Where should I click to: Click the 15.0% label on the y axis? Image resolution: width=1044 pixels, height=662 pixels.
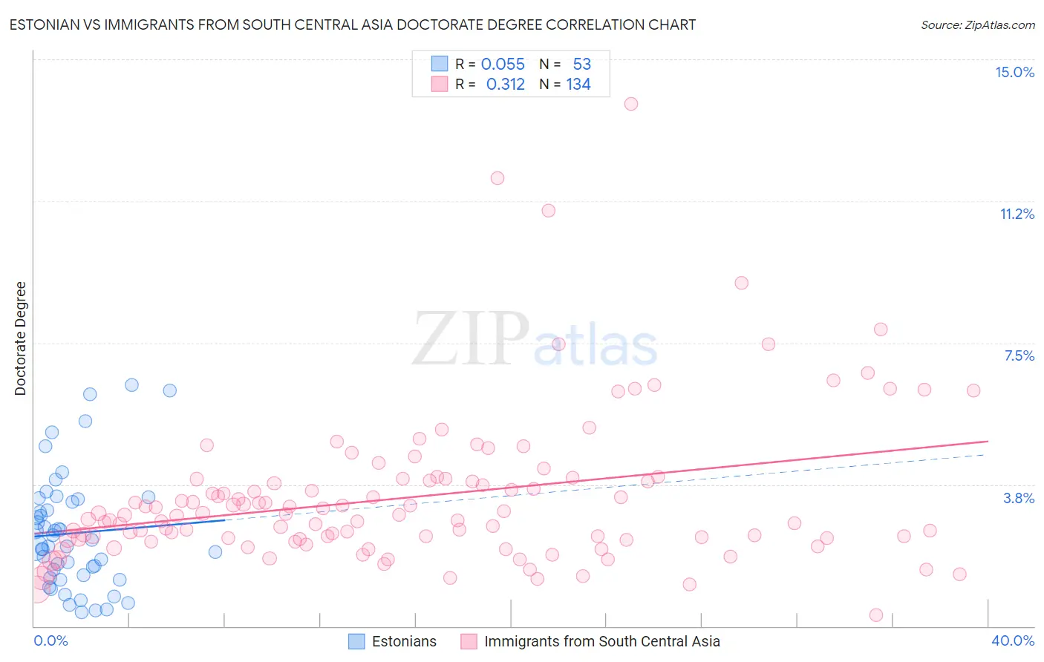point(1014,72)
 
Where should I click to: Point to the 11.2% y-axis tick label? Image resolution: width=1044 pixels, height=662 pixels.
point(1017,214)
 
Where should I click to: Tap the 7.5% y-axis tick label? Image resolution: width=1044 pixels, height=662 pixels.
point(1019,355)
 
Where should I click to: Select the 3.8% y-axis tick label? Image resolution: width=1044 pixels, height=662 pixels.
point(1019,498)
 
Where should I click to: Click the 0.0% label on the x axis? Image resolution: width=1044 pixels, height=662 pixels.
point(50,640)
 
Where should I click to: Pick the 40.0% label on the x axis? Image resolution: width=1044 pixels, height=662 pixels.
point(1012,640)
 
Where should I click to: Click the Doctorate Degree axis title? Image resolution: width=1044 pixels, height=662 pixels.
point(20,338)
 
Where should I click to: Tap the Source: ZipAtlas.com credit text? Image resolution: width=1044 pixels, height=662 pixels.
point(977,24)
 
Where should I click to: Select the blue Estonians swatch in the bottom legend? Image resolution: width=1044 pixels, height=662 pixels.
point(356,641)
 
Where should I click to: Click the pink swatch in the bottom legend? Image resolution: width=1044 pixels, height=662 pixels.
point(469,641)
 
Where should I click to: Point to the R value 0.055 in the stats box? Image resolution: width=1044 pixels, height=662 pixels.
point(503,65)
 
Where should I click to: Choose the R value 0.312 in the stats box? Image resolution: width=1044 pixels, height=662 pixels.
point(505,85)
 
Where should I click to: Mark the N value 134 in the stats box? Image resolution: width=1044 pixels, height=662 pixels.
point(578,85)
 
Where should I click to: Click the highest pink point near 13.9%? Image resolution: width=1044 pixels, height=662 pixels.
point(631,104)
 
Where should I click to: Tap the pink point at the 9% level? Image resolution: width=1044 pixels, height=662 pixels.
point(741,283)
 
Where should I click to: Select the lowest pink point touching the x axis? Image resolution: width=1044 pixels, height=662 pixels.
point(876,615)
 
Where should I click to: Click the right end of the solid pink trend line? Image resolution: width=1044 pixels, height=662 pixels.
point(988,442)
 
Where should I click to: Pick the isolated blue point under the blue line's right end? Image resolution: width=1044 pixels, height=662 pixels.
point(215,551)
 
